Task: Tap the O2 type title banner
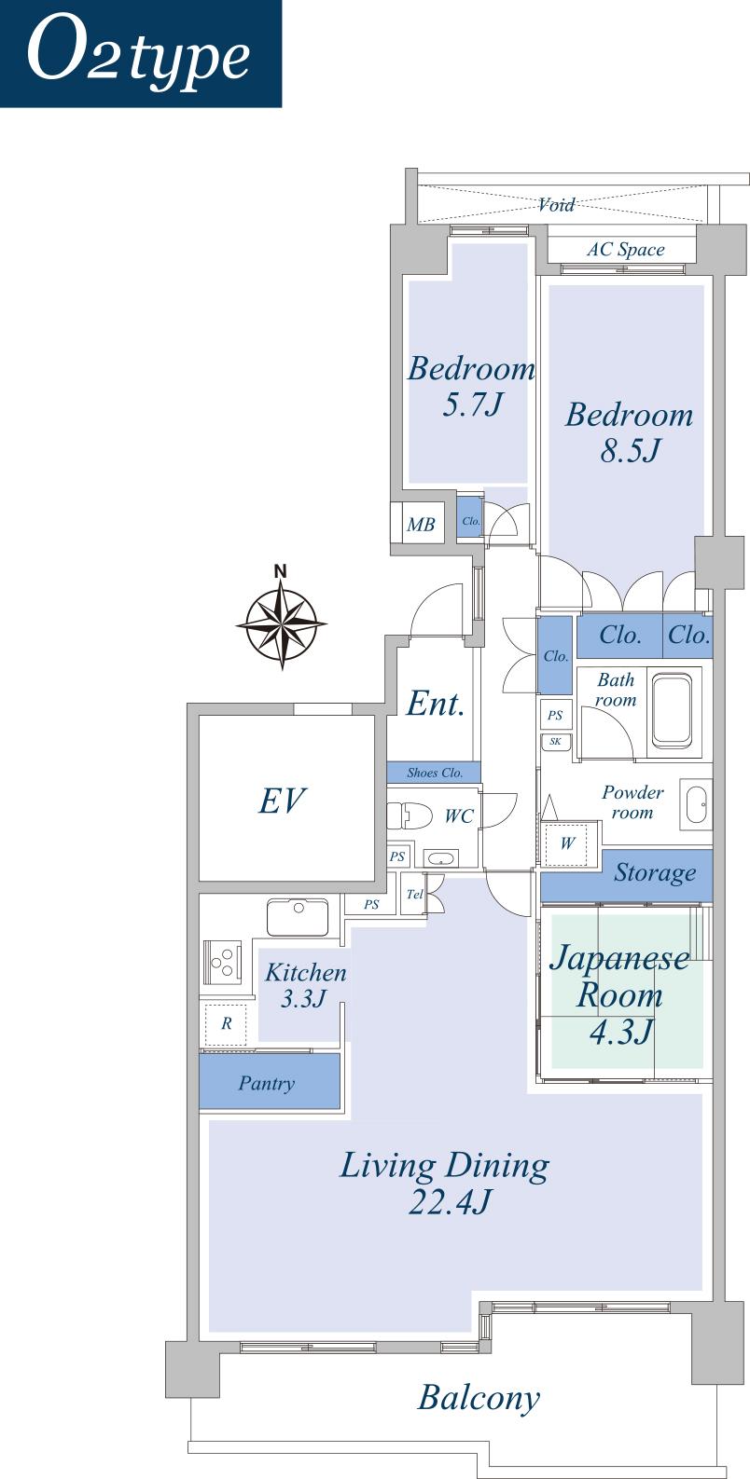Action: pos(140,53)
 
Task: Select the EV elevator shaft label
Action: pos(282,800)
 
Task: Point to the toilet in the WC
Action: pos(408,815)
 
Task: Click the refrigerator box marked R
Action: pos(226,1023)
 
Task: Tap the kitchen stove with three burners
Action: pos(222,963)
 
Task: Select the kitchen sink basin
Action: pos(297,916)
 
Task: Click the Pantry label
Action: pos(267,1083)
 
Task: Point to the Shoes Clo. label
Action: pos(435,773)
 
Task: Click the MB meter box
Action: pos(421,525)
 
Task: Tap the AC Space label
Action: pos(625,250)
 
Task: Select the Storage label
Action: pos(655,873)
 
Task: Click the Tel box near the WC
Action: pos(414,895)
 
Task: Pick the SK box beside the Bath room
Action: pos(556,742)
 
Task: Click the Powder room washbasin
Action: pos(696,803)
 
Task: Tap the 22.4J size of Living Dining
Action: pos(449,1203)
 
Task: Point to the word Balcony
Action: pos(479,1398)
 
